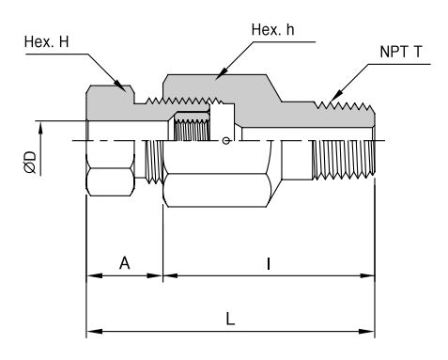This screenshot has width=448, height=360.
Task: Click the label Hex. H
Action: (46, 41)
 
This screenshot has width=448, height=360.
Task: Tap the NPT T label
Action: (401, 52)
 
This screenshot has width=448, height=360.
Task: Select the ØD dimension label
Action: (30, 163)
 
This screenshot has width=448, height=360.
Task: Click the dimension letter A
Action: (124, 263)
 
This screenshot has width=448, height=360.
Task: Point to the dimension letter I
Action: (269, 264)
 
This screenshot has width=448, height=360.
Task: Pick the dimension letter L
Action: (230, 320)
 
